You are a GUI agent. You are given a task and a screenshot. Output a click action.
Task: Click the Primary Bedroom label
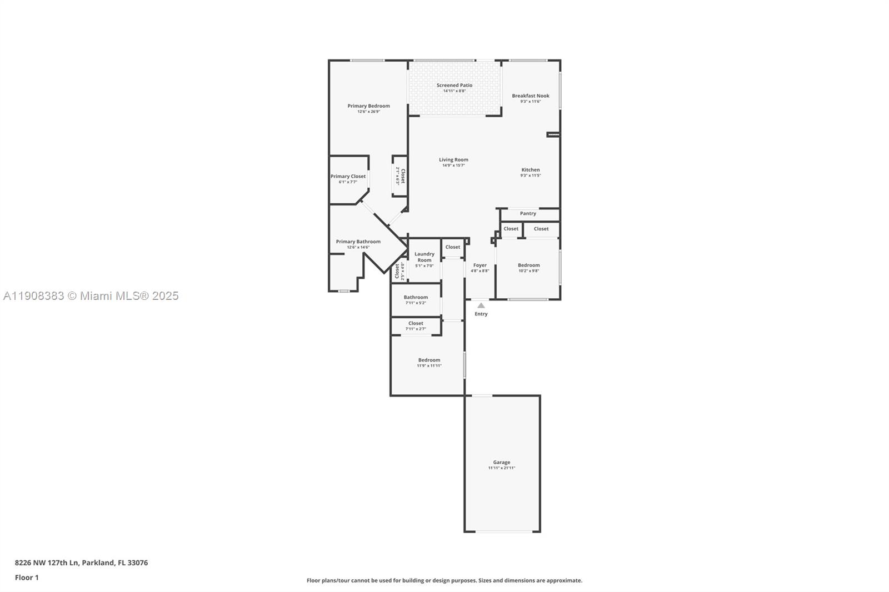368,106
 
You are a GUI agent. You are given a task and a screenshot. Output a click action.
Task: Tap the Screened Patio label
454,86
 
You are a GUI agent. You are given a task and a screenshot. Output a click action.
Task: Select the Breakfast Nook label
530,96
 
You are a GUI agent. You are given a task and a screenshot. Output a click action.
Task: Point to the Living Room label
453,160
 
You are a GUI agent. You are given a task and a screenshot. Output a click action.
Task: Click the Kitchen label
530,170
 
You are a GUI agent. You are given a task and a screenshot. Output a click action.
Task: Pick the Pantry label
528,213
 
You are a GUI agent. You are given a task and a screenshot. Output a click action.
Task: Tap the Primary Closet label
348,177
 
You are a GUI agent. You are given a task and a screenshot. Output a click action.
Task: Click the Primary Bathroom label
358,242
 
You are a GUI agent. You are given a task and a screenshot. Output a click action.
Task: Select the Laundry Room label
424,257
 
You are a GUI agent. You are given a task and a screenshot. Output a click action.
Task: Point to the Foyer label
480,265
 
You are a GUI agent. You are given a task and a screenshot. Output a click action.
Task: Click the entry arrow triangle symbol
481,305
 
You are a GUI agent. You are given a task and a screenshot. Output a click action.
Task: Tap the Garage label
501,463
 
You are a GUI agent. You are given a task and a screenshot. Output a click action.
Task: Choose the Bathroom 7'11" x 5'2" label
416,298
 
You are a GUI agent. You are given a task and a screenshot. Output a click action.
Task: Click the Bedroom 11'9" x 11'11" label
429,360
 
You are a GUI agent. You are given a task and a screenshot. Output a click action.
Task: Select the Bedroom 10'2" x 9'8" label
528,265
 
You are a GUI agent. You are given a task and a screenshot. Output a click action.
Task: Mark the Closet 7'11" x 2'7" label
416,324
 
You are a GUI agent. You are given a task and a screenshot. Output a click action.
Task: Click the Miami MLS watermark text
91,296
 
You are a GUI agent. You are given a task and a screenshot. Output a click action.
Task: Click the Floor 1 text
27,578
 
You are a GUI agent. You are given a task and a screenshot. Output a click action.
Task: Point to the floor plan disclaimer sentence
444,580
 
